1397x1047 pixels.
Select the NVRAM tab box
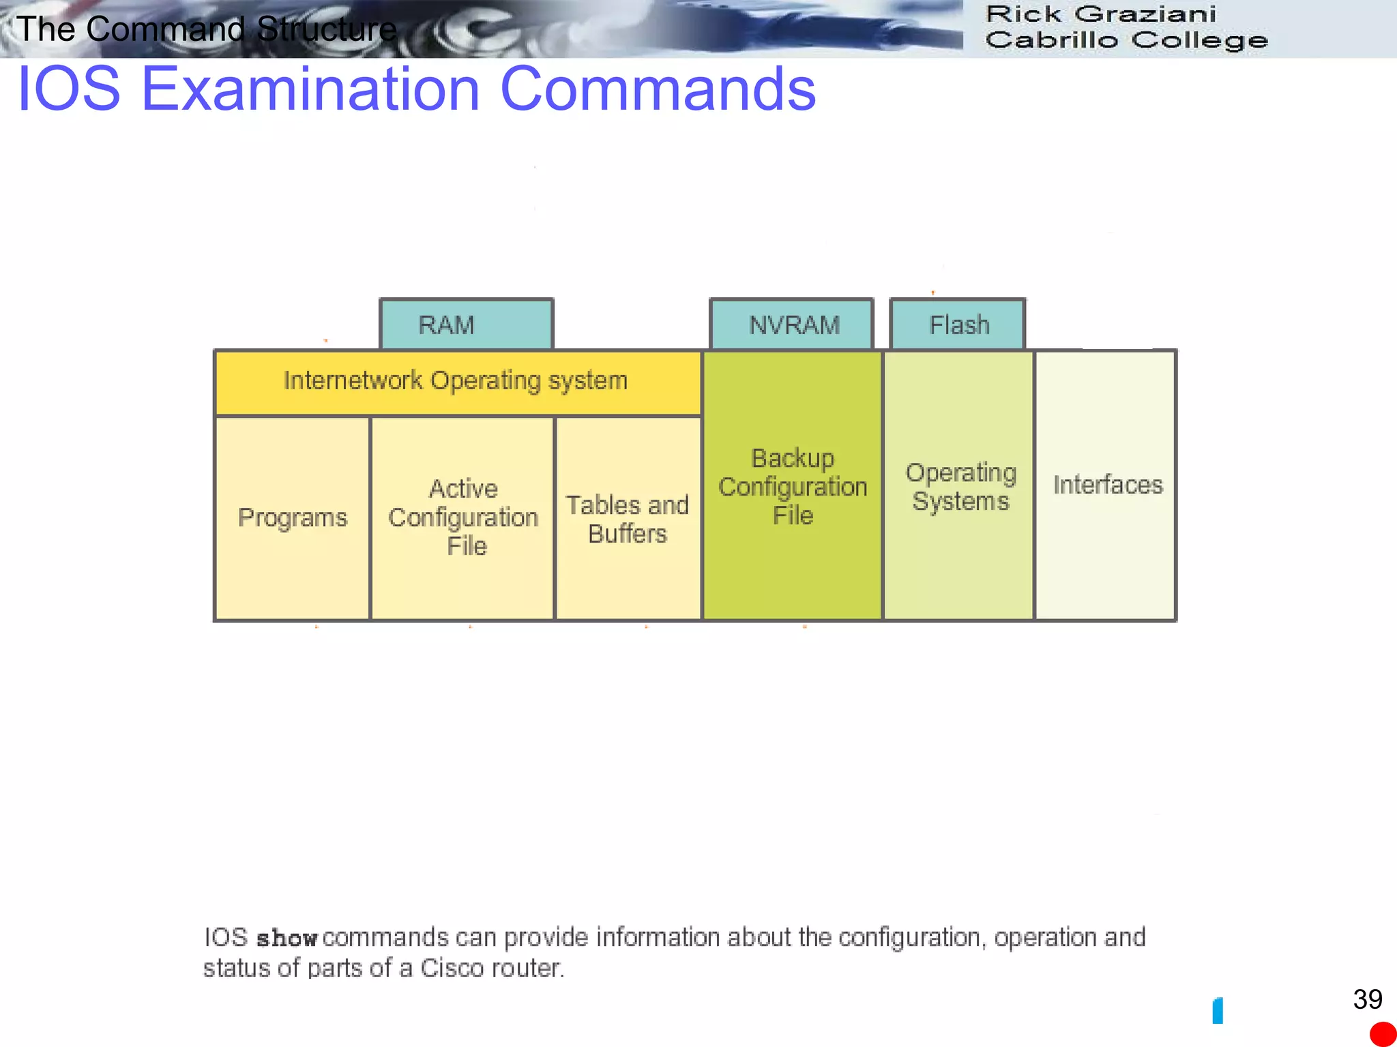point(792,324)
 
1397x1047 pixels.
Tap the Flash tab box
point(958,324)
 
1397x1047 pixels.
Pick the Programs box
point(293,518)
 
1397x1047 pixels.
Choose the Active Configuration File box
point(462,518)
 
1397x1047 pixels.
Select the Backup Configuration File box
point(793,486)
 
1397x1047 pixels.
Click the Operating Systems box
point(959,486)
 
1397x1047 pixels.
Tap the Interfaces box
point(1106,485)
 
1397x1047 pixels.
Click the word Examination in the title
point(310,89)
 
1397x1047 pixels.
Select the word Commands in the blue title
point(658,89)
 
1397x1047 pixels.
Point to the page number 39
point(1367,1000)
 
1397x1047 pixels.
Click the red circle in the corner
point(1383,1033)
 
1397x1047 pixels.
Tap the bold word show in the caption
point(286,939)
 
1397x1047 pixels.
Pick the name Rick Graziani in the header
point(1101,14)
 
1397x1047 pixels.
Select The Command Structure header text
point(206,29)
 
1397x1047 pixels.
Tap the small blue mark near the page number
point(1218,1010)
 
